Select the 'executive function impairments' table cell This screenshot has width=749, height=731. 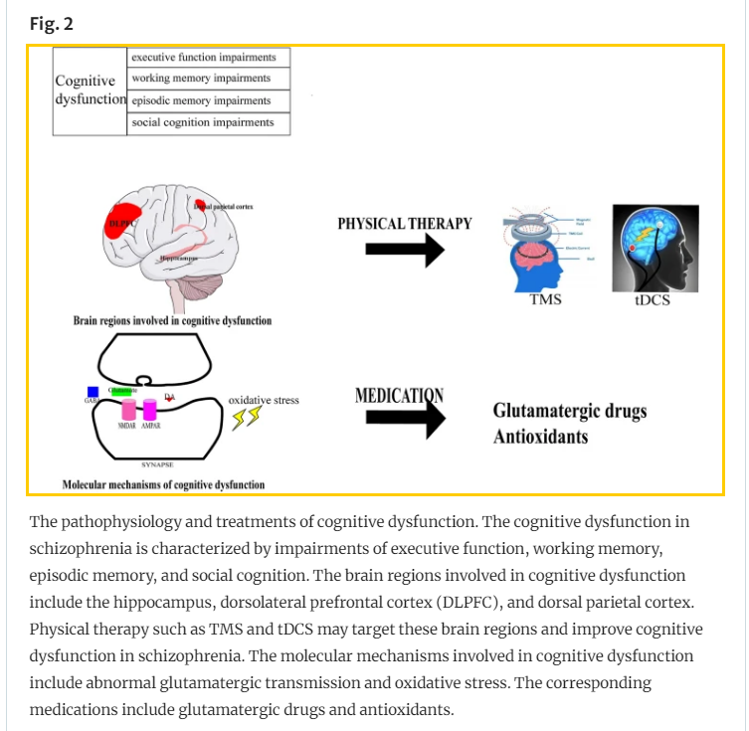click(x=209, y=57)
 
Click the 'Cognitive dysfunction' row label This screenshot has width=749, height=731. click(x=91, y=90)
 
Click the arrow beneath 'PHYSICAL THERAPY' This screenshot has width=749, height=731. click(x=404, y=250)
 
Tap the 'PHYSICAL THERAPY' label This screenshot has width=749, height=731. click(x=404, y=223)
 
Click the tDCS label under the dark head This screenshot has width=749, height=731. click(x=652, y=298)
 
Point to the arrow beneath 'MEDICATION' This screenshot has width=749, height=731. click(x=404, y=422)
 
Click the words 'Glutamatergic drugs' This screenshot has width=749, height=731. click(x=569, y=412)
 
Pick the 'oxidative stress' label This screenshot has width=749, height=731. click(x=264, y=401)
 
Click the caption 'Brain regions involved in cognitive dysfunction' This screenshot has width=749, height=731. click(x=172, y=321)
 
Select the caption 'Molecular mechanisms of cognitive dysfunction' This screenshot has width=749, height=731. click(x=163, y=484)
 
